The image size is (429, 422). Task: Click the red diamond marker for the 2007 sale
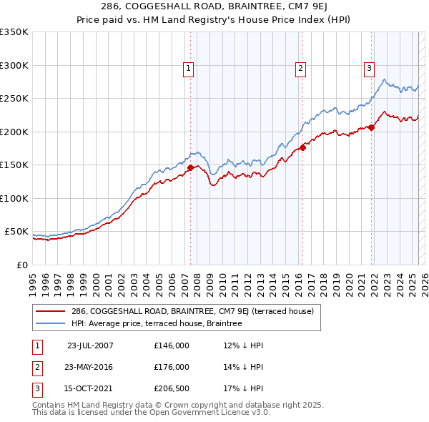pos(190,168)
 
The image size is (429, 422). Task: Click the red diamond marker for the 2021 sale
pos(372,127)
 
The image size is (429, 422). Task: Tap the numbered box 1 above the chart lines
pos(187,69)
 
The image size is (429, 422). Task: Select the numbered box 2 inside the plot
pos(300,69)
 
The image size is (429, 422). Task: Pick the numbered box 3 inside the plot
pos(369,69)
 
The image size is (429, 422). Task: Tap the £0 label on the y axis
pos(21,265)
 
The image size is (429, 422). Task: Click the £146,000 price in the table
pos(171,345)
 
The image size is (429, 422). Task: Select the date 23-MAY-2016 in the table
pos(89,367)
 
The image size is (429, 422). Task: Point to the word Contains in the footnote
pos(51,405)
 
